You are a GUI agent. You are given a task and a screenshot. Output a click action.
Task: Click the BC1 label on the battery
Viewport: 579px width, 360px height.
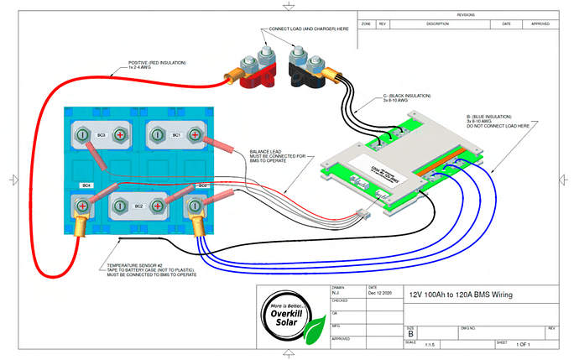177,134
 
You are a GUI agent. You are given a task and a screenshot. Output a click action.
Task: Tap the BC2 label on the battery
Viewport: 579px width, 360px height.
139,205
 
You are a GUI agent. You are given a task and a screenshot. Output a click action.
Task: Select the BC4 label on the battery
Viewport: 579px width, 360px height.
86,185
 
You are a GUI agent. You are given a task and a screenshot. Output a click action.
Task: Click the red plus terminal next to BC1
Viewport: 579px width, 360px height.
196,134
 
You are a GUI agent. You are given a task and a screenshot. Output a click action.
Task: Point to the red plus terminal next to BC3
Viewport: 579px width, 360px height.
121,134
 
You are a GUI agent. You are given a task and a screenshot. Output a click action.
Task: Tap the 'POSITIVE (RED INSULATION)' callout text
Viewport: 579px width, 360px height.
158,63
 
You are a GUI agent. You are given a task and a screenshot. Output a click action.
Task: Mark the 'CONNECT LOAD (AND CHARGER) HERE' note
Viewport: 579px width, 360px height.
309,29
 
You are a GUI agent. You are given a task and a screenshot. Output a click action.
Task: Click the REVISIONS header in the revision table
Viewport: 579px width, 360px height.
465,15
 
